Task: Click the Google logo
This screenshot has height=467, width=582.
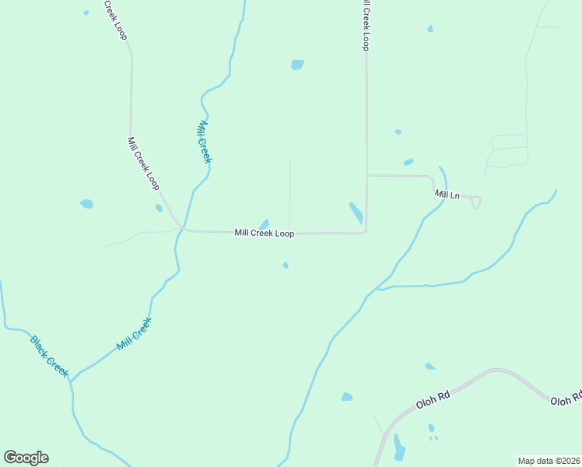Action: (x=26, y=458)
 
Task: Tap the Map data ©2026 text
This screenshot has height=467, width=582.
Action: (x=549, y=461)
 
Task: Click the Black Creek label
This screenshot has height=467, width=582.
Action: (x=50, y=356)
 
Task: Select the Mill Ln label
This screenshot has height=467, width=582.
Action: (x=447, y=195)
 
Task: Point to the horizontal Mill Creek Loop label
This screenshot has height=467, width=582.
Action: (x=264, y=233)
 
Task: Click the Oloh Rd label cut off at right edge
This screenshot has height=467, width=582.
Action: (x=566, y=400)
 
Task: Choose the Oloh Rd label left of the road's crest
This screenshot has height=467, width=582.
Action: (x=433, y=398)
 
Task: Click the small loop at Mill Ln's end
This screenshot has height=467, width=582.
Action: (x=476, y=202)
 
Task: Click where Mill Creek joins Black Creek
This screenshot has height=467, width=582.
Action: (x=71, y=381)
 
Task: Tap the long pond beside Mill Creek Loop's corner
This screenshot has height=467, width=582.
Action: (x=356, y=213)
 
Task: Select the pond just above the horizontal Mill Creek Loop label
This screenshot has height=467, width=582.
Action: (x=264, y=224)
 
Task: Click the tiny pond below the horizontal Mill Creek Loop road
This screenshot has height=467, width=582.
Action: (x=286, y=265)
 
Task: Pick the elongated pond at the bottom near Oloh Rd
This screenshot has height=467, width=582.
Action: (x=399, y=448)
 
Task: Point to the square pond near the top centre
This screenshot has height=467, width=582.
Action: (x=297, y=65)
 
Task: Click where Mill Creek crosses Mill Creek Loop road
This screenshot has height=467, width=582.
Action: (x=182, y=229)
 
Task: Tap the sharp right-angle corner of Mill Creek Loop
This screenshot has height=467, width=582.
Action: (x=366, y=231)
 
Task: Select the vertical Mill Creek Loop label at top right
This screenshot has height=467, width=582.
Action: (x=363, y=25)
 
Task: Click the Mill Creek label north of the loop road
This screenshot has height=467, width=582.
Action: (x=204, y=142)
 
